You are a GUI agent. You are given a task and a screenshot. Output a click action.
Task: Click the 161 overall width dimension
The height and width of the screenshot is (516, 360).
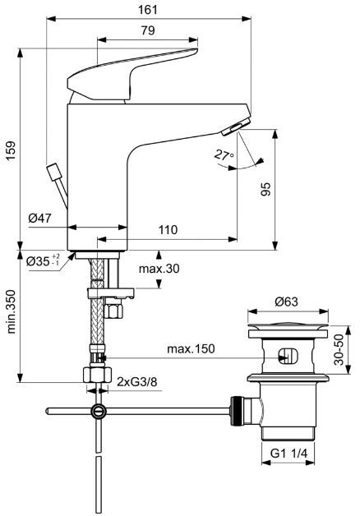(148, 9)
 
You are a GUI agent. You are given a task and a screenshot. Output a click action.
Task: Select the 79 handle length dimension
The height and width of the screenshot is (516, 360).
(148, 30)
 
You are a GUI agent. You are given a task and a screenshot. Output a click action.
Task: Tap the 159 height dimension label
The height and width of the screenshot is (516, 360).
(11, 150)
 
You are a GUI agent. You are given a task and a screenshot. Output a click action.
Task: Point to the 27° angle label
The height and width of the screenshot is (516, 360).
(224, 154)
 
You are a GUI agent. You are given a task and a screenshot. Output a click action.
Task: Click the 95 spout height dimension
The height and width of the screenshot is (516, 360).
(265, 189)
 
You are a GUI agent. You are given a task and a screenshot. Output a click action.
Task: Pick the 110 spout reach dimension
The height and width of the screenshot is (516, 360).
(168, 229)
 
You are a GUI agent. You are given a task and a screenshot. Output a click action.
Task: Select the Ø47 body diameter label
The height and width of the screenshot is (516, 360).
(39, 218)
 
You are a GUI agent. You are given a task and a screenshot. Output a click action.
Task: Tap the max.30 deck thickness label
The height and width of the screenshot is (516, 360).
(159, 269)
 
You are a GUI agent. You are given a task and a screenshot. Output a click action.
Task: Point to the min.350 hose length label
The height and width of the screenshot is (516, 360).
(11, 311)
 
